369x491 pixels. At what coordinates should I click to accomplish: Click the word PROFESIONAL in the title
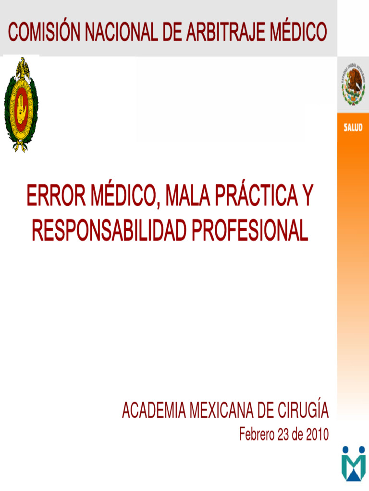(x=250, y=231)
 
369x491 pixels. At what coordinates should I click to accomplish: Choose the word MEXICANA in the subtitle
(x=221, y=411)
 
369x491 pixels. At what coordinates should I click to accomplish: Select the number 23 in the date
(x=284, y=435)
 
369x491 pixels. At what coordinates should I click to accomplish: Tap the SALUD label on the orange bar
(x=353, y=128)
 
